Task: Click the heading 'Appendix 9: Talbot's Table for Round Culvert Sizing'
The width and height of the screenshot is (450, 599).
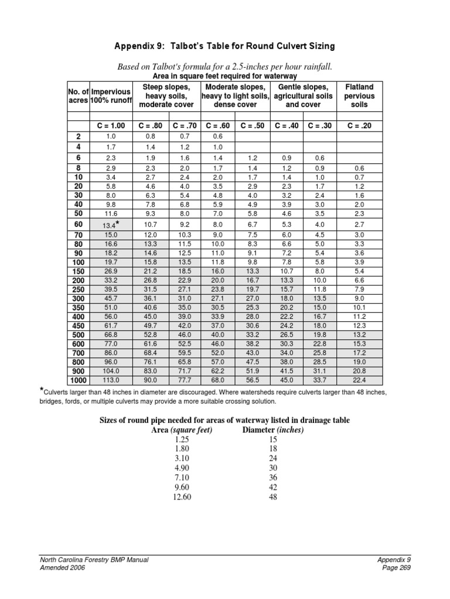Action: pos(225,46)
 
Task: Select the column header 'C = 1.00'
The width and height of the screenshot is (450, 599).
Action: pos(111,126)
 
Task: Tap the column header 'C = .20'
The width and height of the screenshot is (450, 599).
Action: pos(360,126)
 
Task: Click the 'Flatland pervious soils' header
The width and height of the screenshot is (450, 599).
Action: pos(360,96)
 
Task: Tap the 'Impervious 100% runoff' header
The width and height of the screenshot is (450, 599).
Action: pos(111,96)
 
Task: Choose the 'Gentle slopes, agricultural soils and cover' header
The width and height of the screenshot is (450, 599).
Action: pos(303,96)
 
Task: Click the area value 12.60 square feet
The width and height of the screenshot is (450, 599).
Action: pos(182,497)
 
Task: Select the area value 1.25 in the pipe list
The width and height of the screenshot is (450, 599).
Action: pos(182,439)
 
